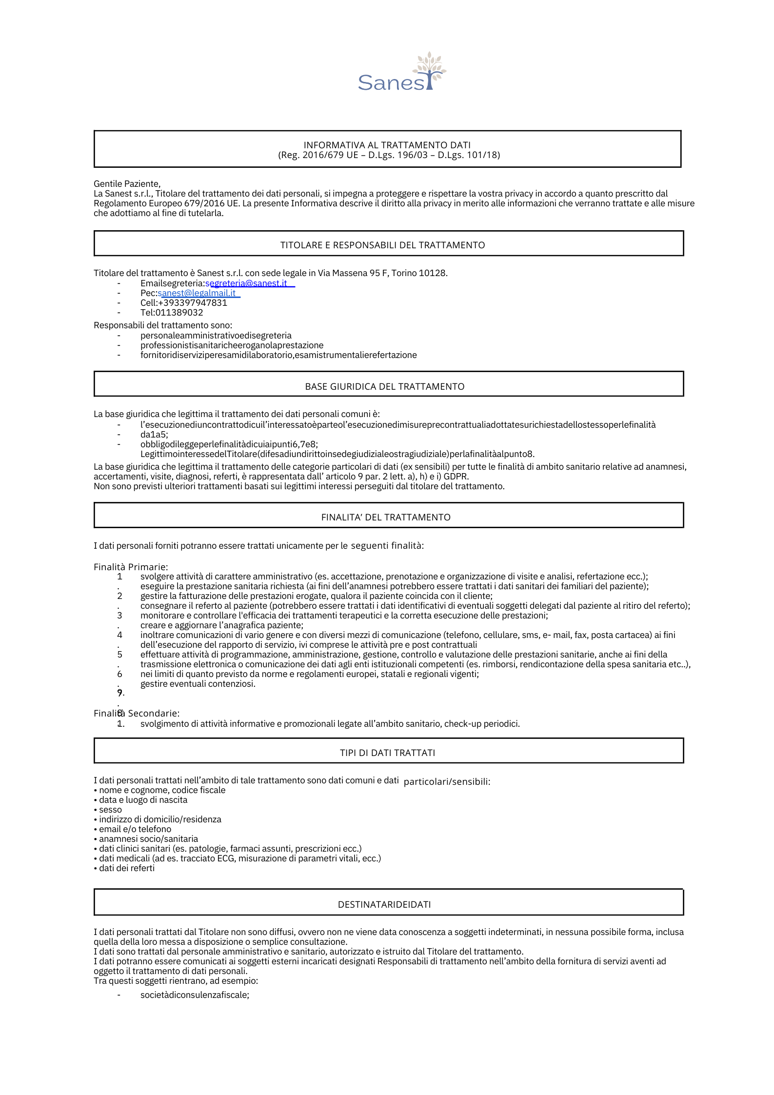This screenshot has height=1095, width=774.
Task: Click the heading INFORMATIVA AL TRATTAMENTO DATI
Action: pyautogui.click(x=387, y=145)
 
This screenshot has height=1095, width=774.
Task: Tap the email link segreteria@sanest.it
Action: pyautogui.click(x=246, y=283)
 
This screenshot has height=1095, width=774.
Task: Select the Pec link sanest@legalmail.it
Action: pyautogui.click(x=197, y=293)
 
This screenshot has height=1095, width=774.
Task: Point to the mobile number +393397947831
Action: pyautogui.click(x=193, y=303)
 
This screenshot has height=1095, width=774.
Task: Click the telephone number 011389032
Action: pyautogui.click(x=179, y=313)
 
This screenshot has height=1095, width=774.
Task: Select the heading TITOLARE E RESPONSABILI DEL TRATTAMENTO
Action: pyautogui.click(x=382, y=245)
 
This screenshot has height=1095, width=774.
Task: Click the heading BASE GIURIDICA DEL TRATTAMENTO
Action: pyautogui.click(x=384, y=387)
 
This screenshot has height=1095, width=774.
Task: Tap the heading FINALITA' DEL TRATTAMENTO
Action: pyautogui.click(x=386, y=518)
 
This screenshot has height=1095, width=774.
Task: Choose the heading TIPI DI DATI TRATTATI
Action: pyautogui.click(x=387, y=753)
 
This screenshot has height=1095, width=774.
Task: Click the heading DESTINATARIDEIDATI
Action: pyautogui.click(x=384, y=904)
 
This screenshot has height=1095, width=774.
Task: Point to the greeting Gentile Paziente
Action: pyautogui.click(x=127, y=184)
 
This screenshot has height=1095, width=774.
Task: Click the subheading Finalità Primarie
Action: pyautogui.click(x=131, y=567)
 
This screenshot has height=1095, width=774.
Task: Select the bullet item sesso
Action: pyautogui.click(x=110, y=810)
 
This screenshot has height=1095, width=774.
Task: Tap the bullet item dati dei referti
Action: pyautogui.click(x=126, y=868)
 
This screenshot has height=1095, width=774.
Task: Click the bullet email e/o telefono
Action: pyautogui.click(x=135, y=829)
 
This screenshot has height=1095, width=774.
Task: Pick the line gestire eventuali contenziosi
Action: pyautogui.click(x=198, y=684)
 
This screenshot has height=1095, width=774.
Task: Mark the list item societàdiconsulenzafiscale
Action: pyautogui.click(x=195, y=995)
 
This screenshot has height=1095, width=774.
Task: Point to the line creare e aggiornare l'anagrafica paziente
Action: pyautogui.click(x=221, y=625)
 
